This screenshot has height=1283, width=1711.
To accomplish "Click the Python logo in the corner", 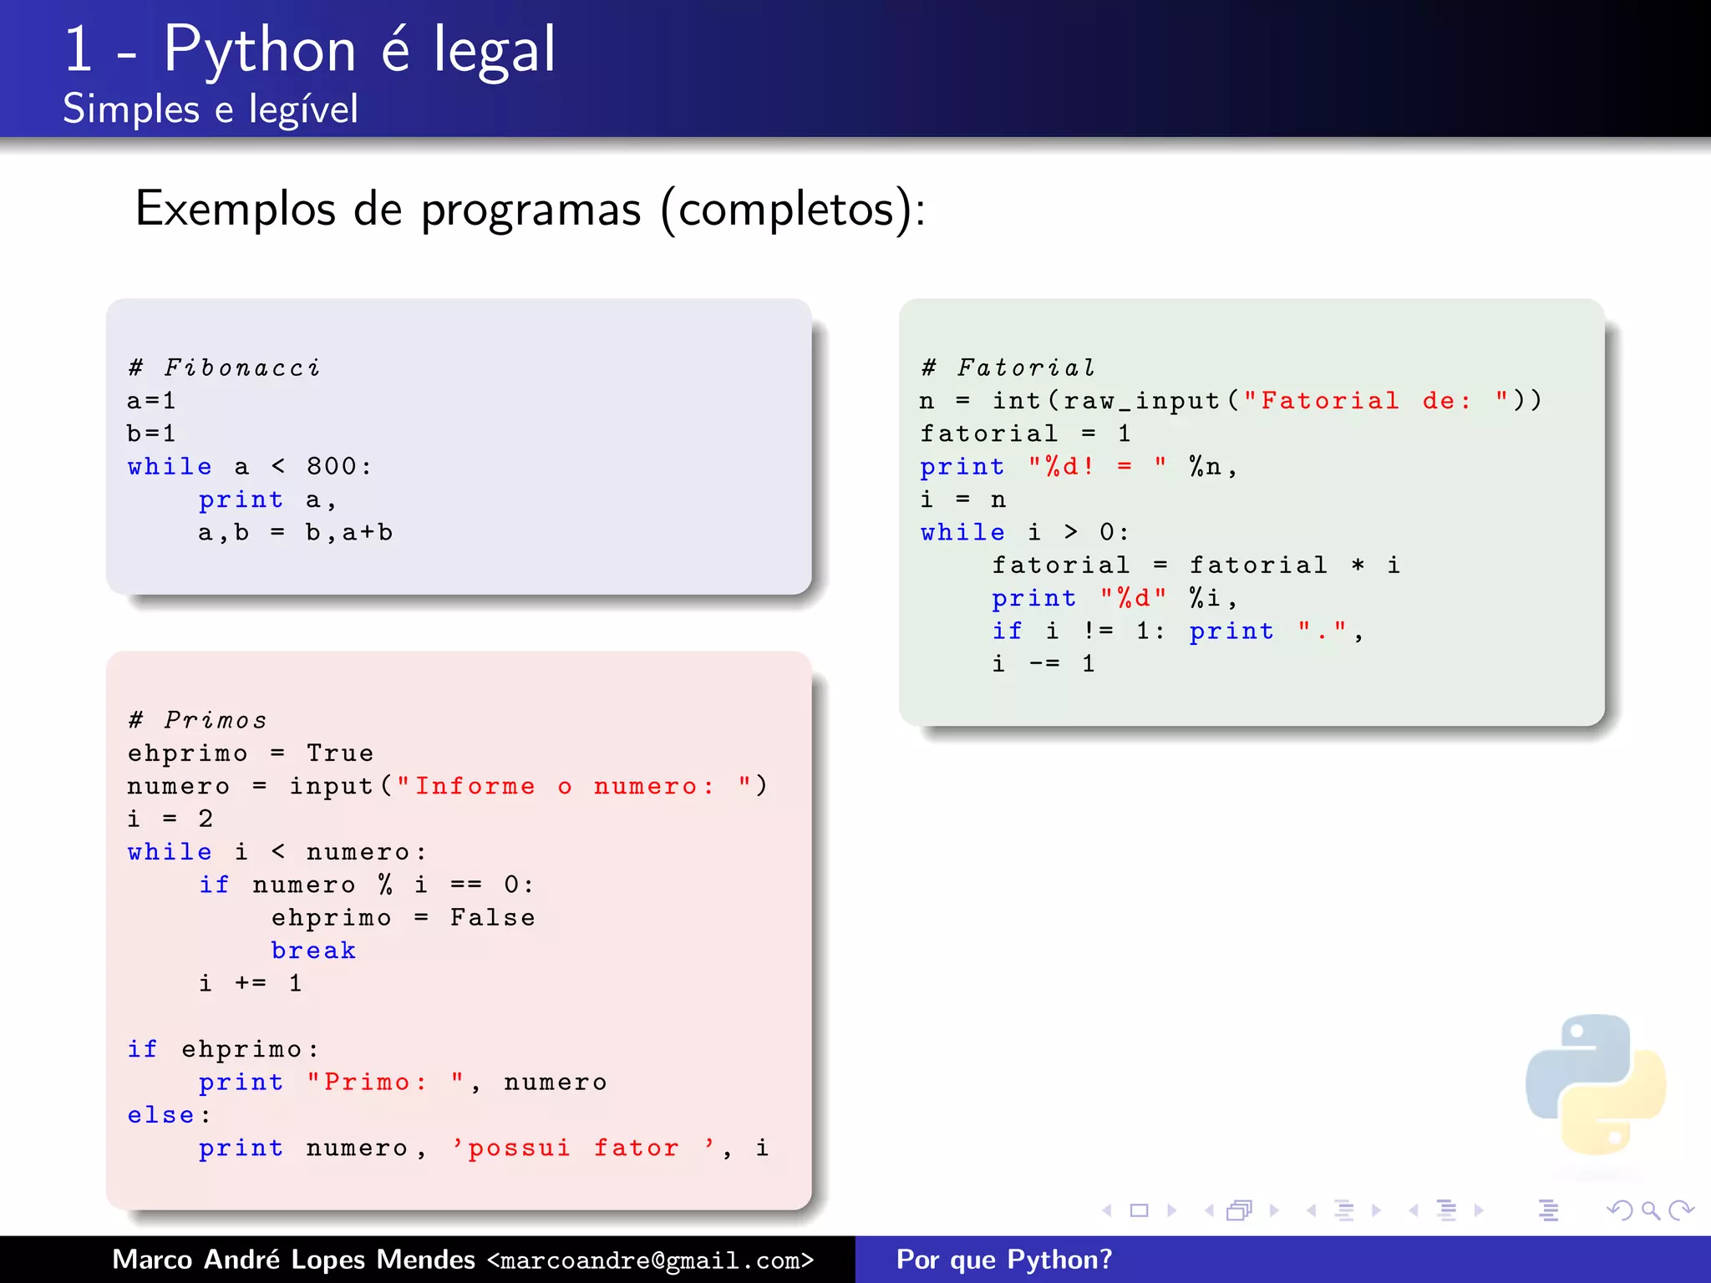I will pyautogui.click(x=1595, y=1085).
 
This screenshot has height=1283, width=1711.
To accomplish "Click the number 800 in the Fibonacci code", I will pyautogui.click(x=332, y=466).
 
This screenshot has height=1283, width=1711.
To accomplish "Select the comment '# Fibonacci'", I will pyautogui.click(x=224, y=368).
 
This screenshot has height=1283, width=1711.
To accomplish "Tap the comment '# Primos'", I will pyautogui.click(x=197, y=720).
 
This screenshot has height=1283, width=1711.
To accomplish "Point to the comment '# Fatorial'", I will pyautogui.click(x=1008, y=368).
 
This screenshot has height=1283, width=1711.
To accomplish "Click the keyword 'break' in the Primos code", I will pyautogui.click(x=313, y=951).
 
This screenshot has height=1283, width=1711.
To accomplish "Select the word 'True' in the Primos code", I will pyautogui.click(x=340, y=753).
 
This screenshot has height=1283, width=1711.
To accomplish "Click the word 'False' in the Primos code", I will pyautogui.click(x=492, y=917).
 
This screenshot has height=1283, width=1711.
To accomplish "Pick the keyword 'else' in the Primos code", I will pyautogui.click(x=161, y=1115).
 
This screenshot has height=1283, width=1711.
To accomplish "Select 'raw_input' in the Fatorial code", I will pyautogui.click(x=1141, y=401).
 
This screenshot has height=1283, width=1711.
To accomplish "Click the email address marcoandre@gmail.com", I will pyautogui.click(x=650, y=1260).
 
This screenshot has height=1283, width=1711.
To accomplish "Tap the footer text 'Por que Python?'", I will pyautogui.click(x=1003, y=1260).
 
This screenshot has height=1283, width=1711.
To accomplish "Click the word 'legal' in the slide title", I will pyautogui.click(x=494, y=50).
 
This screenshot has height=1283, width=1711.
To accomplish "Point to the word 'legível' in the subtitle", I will pyautogui.click(x=303, y=109).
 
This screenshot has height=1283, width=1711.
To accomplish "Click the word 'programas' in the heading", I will pyautogui.click(x=531, y=209).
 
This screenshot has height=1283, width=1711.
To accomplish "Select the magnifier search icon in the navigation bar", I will pyautogui.click(x=1650, y=1210).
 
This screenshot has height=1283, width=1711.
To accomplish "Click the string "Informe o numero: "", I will pyautogui.click(x=581, y=786).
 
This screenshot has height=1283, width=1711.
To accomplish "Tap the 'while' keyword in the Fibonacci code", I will pyautogui.click(x=170, y=466).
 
